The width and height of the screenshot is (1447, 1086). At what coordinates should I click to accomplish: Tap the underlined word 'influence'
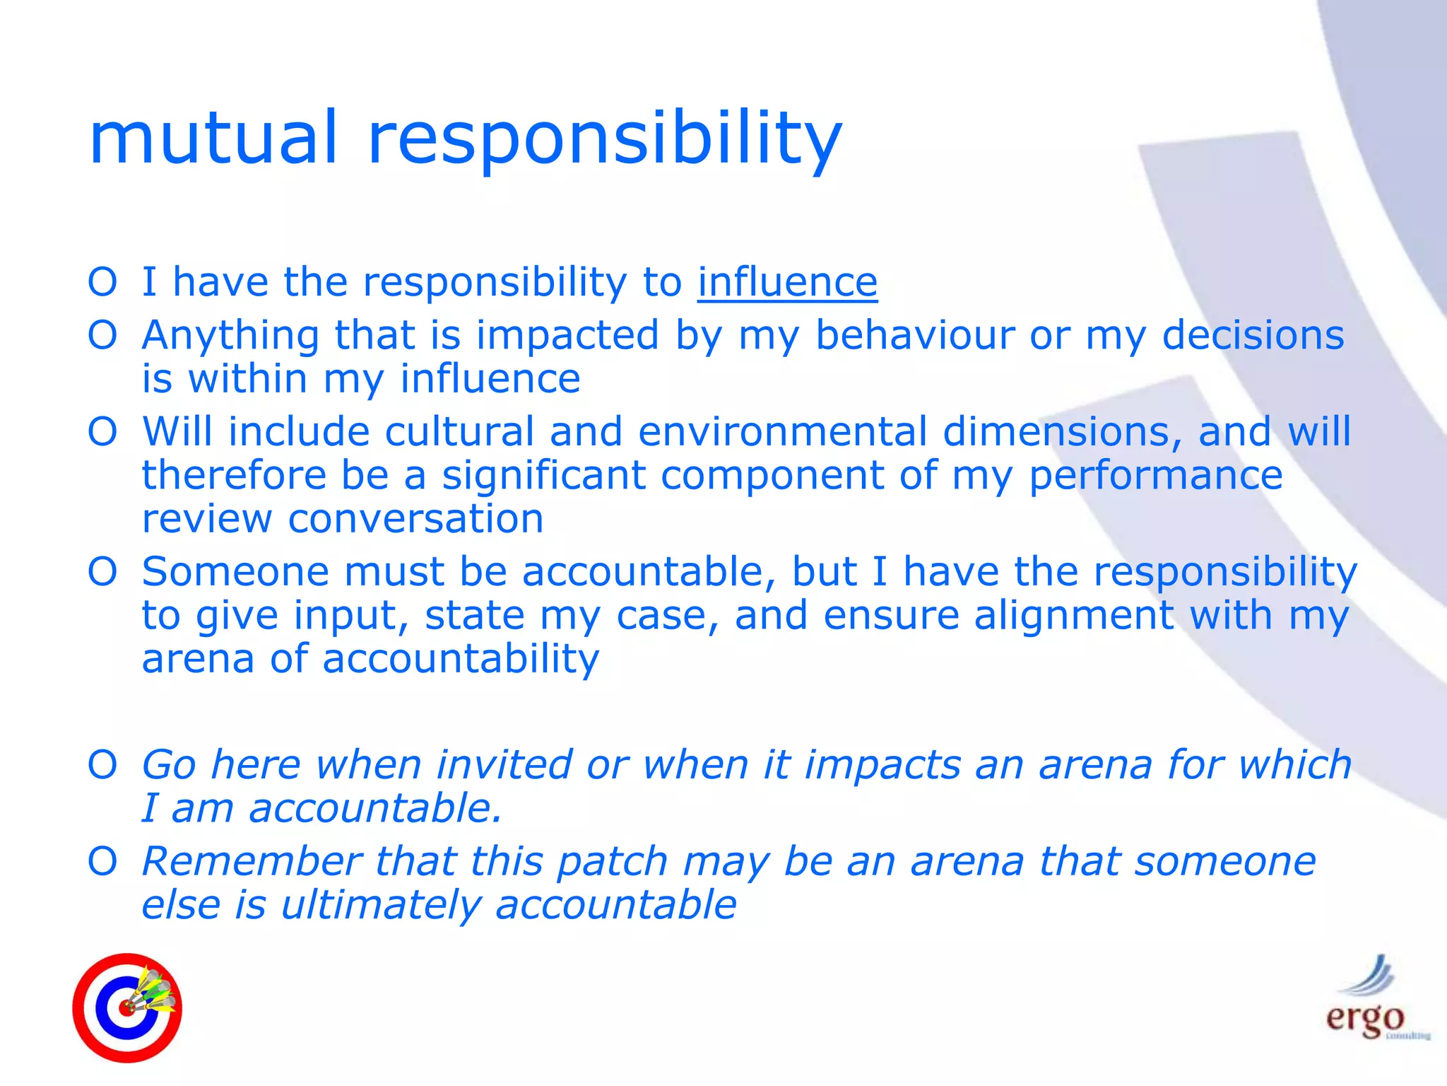pyautogui.click(x=787, y=282)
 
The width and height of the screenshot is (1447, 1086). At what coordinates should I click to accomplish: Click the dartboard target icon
pyautogui.click(x=127, y=1008)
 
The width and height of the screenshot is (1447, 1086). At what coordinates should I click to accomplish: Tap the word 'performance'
pyautogui.click(x=1154, y=475)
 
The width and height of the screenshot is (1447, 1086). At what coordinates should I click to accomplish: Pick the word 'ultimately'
pyautogui.click(x=380, y=905)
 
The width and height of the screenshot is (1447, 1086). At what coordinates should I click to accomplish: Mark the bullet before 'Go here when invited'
pyautogui.click(x=102, y=765)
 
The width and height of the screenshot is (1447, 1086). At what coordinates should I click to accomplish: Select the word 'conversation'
pyautogui.click(x=415, y=519)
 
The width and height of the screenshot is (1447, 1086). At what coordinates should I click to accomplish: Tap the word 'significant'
pyautogui.click(x=544, y=475)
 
